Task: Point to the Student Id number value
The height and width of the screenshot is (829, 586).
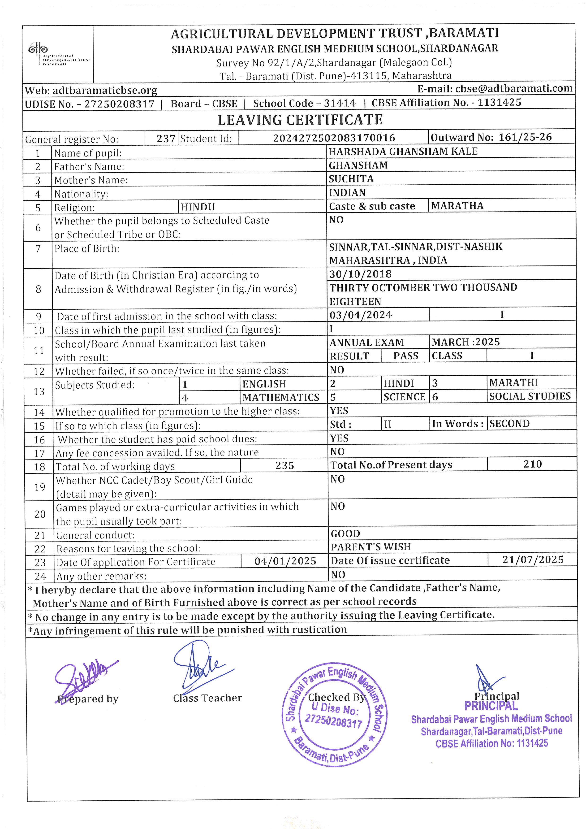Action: pos(334,138)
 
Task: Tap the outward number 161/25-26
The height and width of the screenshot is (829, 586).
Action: pos(525,137)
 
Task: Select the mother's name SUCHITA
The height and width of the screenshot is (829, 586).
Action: pos(346,179)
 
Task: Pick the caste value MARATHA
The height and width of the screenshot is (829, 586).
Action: pos(457,206)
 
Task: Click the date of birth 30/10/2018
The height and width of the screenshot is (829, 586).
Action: pos(360,274)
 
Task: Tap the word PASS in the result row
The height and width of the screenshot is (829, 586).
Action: pos(405,356)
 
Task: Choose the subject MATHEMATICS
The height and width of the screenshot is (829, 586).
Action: pos(281,398)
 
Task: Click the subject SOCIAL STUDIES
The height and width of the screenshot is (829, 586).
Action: pos(530,396)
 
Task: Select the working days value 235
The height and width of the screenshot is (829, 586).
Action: pos(285,465)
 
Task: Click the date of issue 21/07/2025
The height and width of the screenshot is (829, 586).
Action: pos(533,560)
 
